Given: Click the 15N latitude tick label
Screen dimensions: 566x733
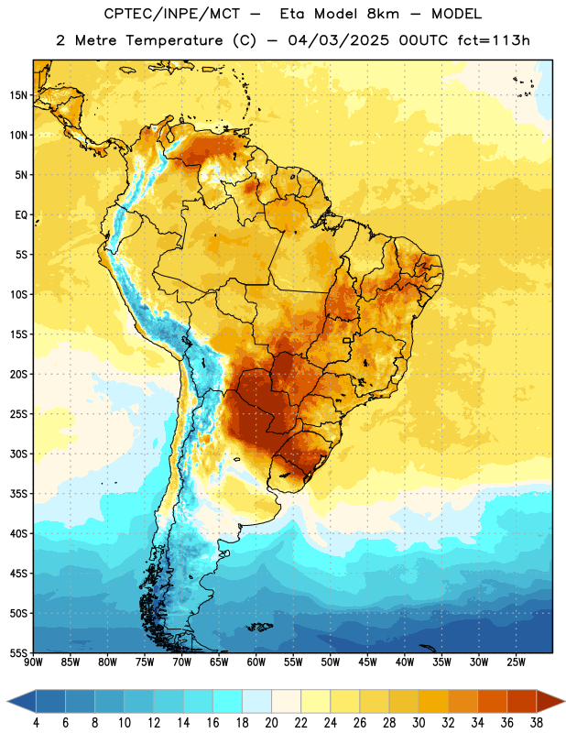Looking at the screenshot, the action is click(x=18, y=95).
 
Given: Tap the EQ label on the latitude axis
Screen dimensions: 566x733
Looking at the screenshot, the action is click(x=21, y=215).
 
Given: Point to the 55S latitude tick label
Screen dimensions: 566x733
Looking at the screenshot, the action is click(x=18, y=652).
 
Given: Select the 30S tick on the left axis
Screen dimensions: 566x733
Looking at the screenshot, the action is click(x=18, y=454).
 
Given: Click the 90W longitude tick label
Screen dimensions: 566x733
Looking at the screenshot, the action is click(x=33, y=662).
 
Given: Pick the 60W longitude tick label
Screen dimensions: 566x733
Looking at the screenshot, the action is click(x=256, y=662).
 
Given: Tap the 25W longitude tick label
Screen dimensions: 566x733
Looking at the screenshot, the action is click(x=516, y=662).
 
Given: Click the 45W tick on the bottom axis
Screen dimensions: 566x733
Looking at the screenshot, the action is click(x=367, y=662).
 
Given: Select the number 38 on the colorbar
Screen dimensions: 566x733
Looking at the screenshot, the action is click(x=537, y=723).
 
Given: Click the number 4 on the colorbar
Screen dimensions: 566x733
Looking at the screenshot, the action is click(x=36, y=723).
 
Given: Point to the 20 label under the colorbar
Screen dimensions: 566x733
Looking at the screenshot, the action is click(x=271, y=723).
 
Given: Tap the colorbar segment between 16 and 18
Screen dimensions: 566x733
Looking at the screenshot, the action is click(x=228, y=701).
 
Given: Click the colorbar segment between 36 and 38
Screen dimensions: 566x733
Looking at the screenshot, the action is click(x=522, y=701).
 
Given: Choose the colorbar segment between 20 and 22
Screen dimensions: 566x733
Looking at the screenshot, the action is click(x=287, y=701).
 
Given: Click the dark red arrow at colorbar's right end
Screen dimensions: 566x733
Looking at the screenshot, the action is click(x=550, y=701).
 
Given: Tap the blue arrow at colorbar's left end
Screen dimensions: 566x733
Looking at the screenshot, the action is click(x=22, y=701).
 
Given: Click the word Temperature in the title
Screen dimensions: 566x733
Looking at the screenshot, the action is click(x=174, y=40).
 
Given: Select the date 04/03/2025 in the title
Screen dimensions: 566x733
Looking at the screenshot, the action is click(x=338, y=40).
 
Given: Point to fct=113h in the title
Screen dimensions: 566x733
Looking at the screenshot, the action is click(x=494, y=40).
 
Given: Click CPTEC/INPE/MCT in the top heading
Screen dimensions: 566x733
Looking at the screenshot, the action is click(x=171, y=14).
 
